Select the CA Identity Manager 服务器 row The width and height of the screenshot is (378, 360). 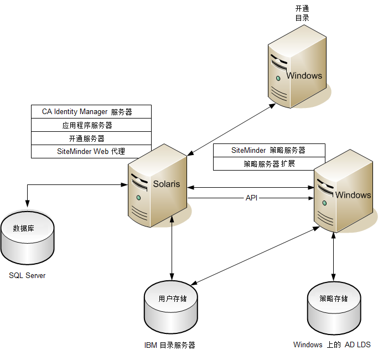pos(91,112)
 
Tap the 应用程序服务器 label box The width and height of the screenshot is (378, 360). pos(91,125)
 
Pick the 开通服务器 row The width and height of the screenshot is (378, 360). pos(91,138)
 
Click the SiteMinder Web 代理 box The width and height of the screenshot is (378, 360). pos(91,151)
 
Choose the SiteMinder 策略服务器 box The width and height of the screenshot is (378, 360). pos(269,151)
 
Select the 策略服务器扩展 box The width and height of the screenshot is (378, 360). pos(269,164)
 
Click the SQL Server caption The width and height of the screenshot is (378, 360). pos(27,275)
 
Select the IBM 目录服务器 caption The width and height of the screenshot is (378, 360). pos(170,345)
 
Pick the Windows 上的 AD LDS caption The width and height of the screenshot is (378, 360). pos(332,344)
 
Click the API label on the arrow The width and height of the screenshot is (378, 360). pos(252,198)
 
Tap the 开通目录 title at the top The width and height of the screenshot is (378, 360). pos(302,13)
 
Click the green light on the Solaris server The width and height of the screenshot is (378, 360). pos(138,197)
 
